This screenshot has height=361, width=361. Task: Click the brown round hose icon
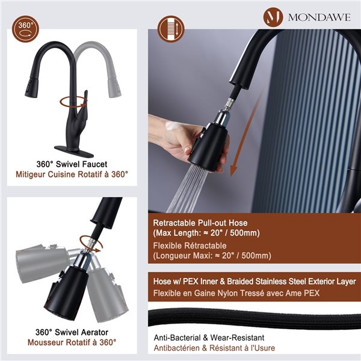pos(170,29)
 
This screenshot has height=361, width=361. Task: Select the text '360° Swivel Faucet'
pos(72,163)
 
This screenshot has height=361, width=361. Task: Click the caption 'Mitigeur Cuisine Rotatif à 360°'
pos(72,174)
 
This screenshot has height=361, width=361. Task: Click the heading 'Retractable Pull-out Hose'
pos(200,223)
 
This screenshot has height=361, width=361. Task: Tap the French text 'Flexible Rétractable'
pos(190,245)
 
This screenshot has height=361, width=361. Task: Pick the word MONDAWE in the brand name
pos(318,16)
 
